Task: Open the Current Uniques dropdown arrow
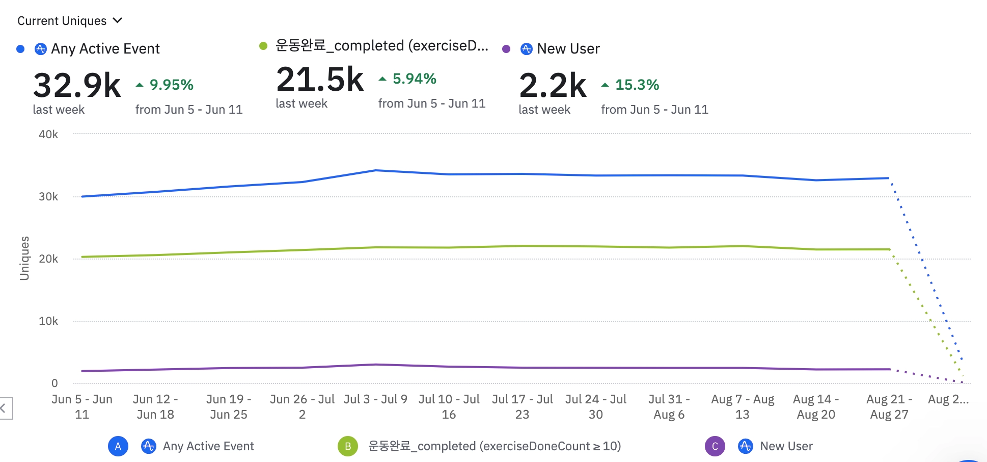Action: [x=118, y=20]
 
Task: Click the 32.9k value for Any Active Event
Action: [x=77, y=85]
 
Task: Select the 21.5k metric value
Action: [x=320, y=80]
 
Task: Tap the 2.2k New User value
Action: [x=553, y=85]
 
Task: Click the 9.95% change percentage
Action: [x=171, y=85]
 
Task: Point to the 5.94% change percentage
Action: [x=414, y=79]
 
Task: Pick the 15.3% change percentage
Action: [x=637, y=85]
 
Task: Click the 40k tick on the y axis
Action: [x=48, y=134]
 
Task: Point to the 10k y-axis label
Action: [x=48, y=321]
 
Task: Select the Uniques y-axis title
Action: [x=24, y=258]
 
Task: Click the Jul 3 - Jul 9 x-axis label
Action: [x=375, y=399]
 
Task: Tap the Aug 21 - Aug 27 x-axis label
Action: [x=889, y=406]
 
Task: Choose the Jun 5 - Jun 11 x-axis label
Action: [x=82, y=406]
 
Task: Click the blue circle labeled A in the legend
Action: [x=118, y=446]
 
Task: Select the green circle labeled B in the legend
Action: [x=348, y=446]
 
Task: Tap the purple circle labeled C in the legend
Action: [x=715, y=446]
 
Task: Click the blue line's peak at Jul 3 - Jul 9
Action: [x=375, y=170]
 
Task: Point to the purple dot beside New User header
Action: [x=506, y=49]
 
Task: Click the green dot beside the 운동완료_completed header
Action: [x=263, y=46]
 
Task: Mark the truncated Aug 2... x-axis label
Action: [x=948, y=399]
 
